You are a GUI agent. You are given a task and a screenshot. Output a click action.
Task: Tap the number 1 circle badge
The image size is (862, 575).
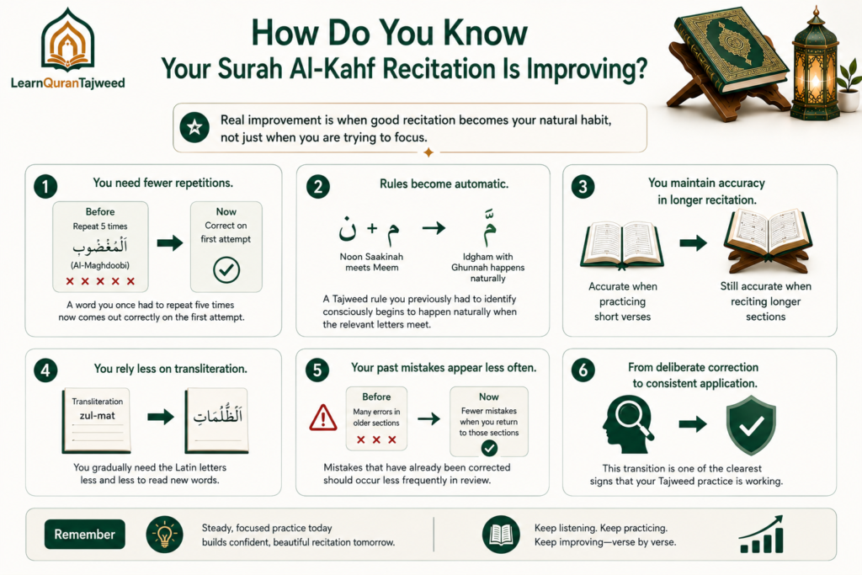[x=45, y=186]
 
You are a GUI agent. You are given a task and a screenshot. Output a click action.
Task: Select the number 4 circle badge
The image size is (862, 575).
[x=45, y=370]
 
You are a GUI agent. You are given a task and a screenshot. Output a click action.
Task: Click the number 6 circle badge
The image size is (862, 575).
[x=583, y=370]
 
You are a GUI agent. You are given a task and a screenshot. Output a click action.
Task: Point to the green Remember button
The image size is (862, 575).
[x=85, y=535]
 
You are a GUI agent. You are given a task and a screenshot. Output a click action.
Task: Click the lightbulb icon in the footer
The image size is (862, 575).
[x=164, y=535]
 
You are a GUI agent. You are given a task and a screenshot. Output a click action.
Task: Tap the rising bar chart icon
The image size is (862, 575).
[x=761, y=535]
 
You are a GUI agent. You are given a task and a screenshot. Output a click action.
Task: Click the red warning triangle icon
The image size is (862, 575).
[x=323, y=418]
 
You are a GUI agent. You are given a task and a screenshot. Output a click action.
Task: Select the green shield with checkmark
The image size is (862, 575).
[x=751, y=425]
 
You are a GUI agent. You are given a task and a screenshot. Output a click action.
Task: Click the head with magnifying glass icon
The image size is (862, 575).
[x=628, y=425]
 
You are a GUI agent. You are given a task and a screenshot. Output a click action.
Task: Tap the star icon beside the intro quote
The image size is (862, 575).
[x=194, y=127]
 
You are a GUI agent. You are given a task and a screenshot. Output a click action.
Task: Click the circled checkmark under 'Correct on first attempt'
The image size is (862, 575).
[x=226, y=270]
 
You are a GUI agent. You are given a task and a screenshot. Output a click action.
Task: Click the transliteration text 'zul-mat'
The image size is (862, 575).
[x=98, y=416]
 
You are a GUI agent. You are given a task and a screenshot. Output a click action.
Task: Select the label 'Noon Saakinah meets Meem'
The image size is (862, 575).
[x=371, y=262]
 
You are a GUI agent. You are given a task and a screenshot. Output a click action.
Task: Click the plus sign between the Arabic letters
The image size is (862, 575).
[x=372, y=228]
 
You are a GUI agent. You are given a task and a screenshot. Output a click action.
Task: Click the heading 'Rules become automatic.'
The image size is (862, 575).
[x=444, y=184]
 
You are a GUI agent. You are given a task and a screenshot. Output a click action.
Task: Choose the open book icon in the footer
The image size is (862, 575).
[x=501, y=535]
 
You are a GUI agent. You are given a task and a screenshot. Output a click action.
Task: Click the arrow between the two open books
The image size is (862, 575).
[x=694, y=242]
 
